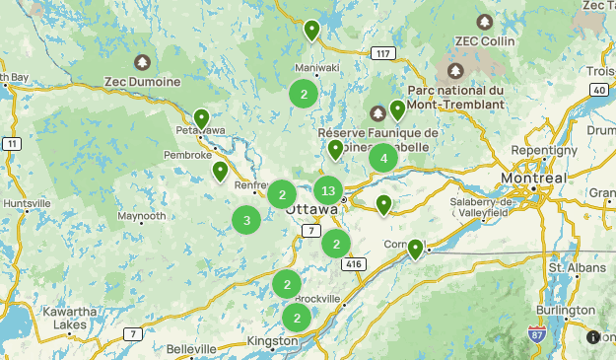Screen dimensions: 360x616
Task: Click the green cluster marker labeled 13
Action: [329, 190]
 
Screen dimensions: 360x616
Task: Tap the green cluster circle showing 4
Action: [383, 157]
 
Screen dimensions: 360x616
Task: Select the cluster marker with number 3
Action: [246, 220]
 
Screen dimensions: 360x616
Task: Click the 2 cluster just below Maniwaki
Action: [304, 95]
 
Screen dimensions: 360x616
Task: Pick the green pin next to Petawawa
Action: [202, 119]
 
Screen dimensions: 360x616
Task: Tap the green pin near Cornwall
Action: [416, 249]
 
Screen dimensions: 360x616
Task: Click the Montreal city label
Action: [532, 177]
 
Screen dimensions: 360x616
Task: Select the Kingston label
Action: [272, 341]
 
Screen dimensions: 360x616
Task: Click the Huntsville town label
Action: [27, 203]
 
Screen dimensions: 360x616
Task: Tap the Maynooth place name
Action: [142, 216]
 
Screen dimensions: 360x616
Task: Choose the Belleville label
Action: [191, 349]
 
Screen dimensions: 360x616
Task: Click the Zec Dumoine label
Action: [142, 81]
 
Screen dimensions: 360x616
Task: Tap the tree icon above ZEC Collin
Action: [484, 21]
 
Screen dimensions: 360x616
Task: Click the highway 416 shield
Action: [354, 264]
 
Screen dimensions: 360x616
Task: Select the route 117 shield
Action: [383, 53]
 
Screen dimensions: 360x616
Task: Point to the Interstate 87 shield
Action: [537, 334]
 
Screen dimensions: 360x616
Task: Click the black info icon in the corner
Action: [593, 337]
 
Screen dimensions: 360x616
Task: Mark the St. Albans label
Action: [569, 267]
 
